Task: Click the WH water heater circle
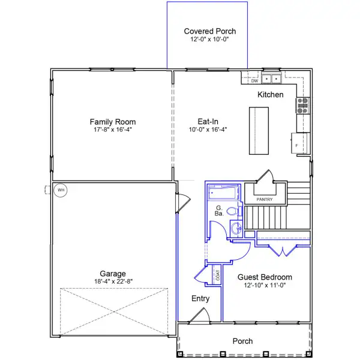(60, 191)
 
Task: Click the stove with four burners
(302, 106)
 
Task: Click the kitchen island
(259, 130)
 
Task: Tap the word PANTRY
(265, 199)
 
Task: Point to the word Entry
(200, 298)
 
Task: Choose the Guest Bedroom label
(265, 277)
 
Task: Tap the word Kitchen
(270, 95)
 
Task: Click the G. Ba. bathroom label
(219, 210)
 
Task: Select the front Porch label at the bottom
(243, 341)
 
